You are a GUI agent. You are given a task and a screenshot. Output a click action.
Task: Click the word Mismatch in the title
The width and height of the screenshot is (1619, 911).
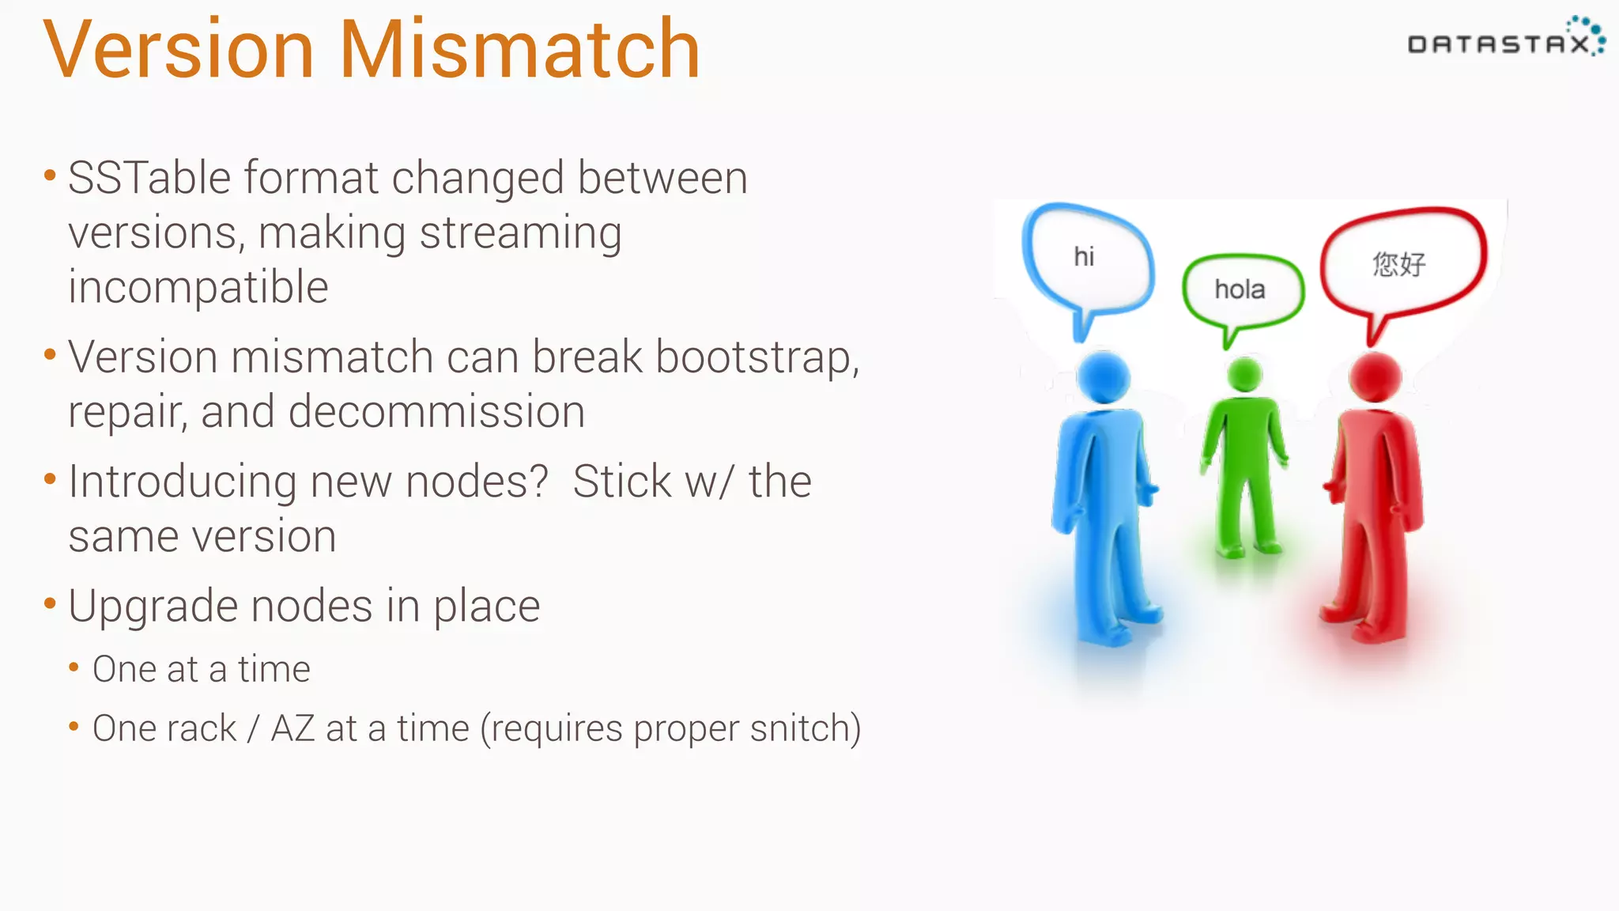519,50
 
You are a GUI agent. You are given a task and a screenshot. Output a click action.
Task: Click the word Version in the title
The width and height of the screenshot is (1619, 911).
179,50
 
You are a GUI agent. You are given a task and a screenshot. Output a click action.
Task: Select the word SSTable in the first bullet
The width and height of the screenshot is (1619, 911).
144,178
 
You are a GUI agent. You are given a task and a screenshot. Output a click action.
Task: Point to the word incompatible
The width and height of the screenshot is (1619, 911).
198,288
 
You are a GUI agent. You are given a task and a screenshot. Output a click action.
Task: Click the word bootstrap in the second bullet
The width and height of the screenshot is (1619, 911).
754,357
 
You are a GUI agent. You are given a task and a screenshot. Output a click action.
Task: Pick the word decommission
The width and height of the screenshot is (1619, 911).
436,412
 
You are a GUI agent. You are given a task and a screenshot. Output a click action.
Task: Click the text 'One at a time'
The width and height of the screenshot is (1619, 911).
201,670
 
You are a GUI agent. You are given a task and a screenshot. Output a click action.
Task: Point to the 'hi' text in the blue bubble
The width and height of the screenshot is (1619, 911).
1084,256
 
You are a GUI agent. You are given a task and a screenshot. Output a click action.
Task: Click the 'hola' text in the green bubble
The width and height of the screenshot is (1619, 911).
1240,289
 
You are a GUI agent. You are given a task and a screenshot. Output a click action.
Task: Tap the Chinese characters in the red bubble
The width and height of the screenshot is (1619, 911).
1398,263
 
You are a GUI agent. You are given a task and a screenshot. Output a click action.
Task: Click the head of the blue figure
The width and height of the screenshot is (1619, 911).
1104,377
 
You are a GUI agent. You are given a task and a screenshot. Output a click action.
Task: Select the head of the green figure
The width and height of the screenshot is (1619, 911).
1245,374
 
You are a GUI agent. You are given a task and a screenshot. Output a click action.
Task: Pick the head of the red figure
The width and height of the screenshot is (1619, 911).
1375,377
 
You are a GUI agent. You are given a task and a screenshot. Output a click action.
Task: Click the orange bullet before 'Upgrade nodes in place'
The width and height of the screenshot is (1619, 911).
50,604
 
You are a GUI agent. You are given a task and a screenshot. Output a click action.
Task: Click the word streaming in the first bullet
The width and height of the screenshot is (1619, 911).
520,233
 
